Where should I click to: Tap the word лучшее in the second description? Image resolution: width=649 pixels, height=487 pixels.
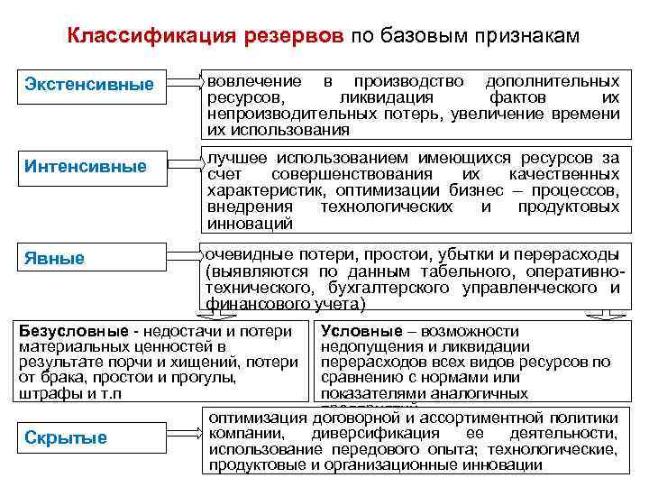click(233, 158)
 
